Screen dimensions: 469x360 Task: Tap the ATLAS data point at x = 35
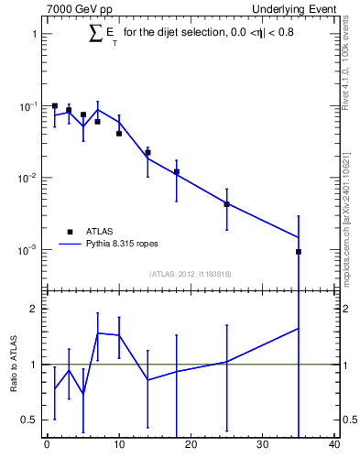point(299,251)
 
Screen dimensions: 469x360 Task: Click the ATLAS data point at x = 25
point(226,204)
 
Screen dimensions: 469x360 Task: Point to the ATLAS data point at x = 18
point(176,171)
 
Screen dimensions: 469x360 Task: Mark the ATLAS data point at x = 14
point(147,152)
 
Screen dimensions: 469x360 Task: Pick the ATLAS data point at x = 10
point(119,133)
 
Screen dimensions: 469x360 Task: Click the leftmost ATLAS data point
point(55,106)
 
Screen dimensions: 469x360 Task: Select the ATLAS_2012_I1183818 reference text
point(191,273)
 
